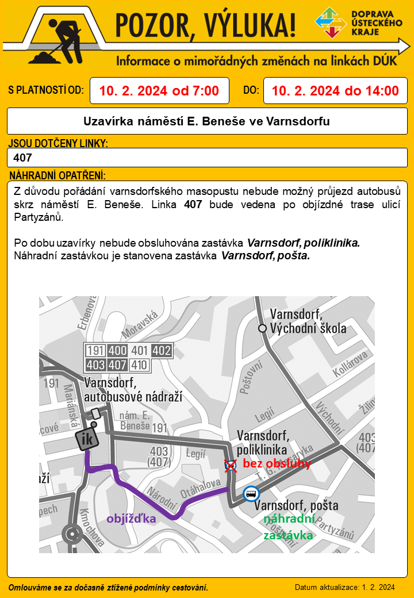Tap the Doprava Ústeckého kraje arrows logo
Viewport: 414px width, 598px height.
[x=331, y=22]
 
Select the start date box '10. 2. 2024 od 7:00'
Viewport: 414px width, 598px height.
[x=159, y=91]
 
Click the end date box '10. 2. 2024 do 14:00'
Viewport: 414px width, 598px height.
[x=335, y=91]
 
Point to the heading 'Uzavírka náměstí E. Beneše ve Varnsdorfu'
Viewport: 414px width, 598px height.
[x=207, y=122]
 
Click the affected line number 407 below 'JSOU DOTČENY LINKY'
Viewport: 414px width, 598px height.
[x=22, y=158]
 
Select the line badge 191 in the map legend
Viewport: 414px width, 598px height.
[x=95, y=350]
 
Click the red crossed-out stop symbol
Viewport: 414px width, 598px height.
[x=231, y=465]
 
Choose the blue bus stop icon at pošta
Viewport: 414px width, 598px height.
[x=251, y=493]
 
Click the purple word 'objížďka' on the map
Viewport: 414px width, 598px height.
[x=131, y=518]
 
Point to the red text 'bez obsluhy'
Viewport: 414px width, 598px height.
[x=277, y=463]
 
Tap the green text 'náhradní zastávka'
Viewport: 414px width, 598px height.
[x=289, y=527]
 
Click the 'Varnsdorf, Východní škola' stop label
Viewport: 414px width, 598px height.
[x=308, y=321]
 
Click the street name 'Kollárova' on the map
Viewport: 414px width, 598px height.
[x=350, y=366]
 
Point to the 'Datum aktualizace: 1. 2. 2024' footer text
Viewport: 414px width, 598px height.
[x=344, y=587]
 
